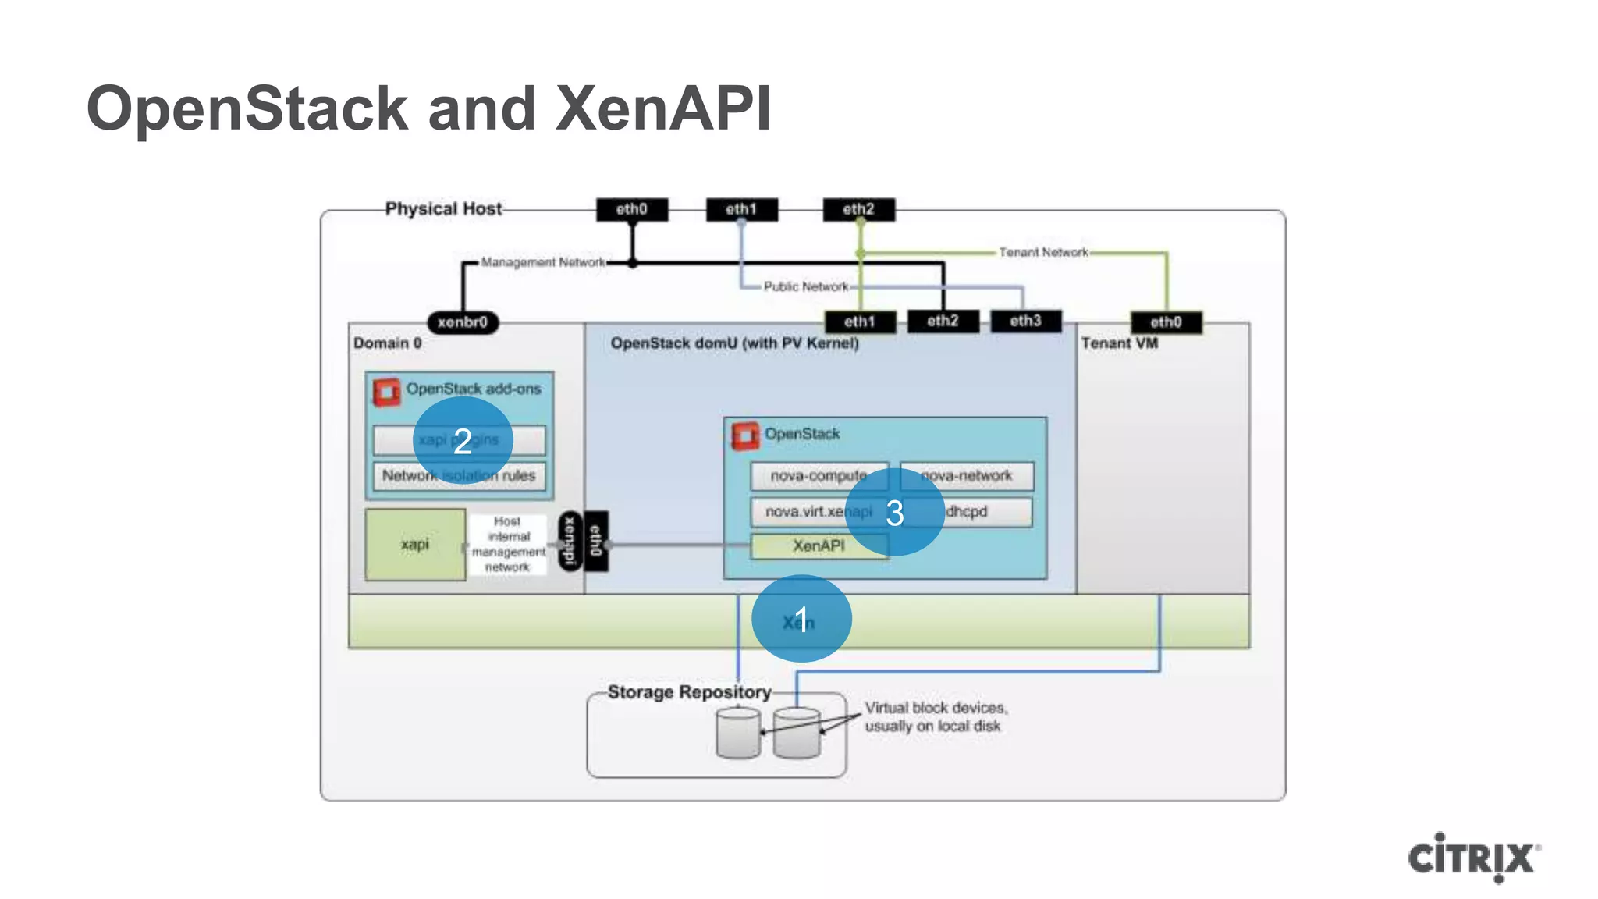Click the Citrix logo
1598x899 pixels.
point(1473,858)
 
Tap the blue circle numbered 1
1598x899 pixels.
point(801,619)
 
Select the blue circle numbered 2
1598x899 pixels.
point(463,441)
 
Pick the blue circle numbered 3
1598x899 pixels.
point(894,513)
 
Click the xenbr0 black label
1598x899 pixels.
point(463,322)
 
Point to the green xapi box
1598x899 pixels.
point(415,544)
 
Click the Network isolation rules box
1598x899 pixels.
point(459,476)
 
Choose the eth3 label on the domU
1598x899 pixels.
point(1025,322)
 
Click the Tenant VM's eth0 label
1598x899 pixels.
point(1166,322)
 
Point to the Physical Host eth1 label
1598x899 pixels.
point(741,209)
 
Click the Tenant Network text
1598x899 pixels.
point(1043,252)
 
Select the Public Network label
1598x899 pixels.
point(805,286)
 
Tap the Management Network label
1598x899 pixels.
point(542,262)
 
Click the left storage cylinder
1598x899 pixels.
point(737,733)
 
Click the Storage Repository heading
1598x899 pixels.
point(689,692)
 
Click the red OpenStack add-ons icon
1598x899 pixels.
point(385,392)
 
